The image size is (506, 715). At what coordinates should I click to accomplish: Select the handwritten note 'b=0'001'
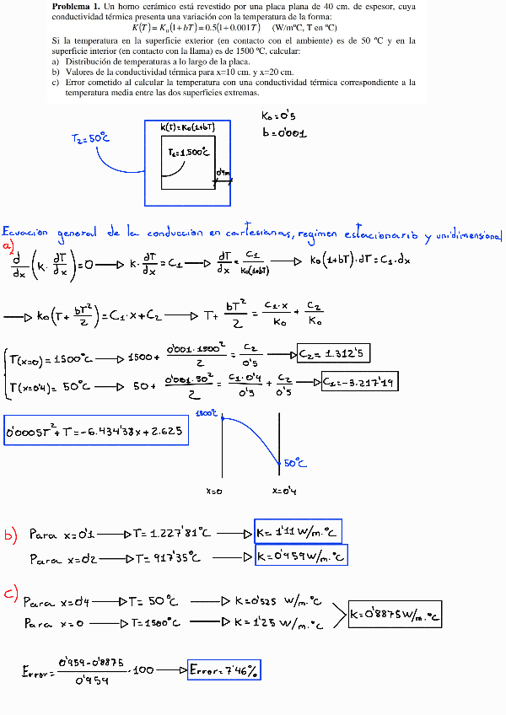pyautogui.click(x=283, y=133)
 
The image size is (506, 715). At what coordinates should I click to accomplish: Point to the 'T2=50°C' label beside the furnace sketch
pyautogui.click(x=90, y=138)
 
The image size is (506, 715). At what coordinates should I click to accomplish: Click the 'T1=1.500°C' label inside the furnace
pyautogui.click(x=188, y=153)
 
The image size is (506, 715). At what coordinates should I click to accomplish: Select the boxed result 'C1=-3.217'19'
pyautogui.click(x=360, y=383)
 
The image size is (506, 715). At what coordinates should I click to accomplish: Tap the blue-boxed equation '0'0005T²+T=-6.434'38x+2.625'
pyautogui.click(x=96, y=432)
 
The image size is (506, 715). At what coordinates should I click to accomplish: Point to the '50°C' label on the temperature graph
pyautogui.click(x=295, y=463)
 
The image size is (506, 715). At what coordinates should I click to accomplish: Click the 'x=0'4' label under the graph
pyautogui.click(x=284, y=490)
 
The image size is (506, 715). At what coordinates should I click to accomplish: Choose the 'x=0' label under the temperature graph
pyautogui.click(x=214, y=490)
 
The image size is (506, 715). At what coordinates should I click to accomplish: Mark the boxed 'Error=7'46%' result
pyautogui.click(x=225, y=669)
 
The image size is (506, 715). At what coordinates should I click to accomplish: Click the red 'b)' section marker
pyautogui.click(x=10, y=534)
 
